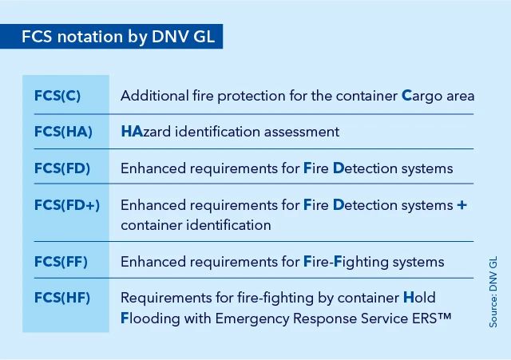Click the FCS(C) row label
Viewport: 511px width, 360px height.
(57, 96)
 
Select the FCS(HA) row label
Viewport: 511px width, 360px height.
(63, 132)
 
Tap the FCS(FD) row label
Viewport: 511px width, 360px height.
(62, 168)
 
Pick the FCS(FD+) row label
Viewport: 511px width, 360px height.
(67, 205)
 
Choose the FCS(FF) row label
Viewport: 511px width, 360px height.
(61, 262)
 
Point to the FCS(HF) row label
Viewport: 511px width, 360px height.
(62, 298)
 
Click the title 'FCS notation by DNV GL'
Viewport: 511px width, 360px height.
(118, 36)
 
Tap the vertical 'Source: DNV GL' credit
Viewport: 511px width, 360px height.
(493, 291)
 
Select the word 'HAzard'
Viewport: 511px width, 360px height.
(145, 132)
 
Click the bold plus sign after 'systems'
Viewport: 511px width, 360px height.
(461, 205)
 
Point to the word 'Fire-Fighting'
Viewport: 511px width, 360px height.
(346, 262)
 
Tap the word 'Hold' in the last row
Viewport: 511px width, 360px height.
(419, 298)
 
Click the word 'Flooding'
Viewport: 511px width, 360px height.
(150, 318)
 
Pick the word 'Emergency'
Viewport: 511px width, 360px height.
(252, 318)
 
